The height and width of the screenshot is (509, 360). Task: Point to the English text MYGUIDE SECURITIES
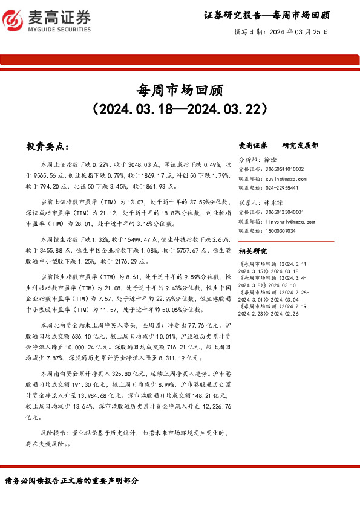pyautogui.click(x=60, y=29)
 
